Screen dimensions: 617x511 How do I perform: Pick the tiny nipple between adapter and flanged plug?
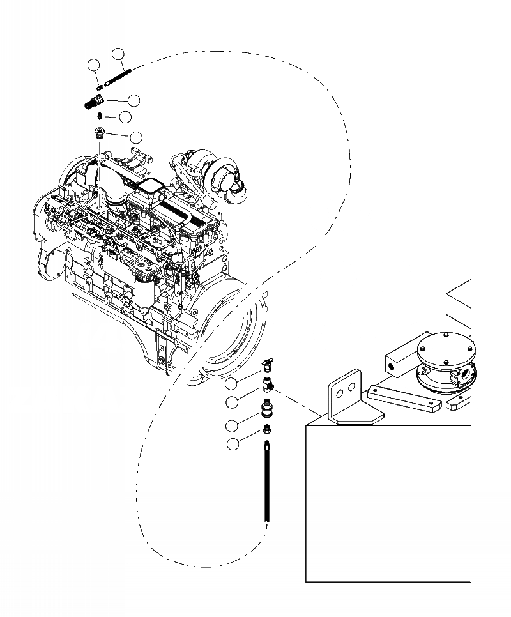click(100, 116)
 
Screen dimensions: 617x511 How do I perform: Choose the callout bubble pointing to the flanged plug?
click(136, 137)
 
